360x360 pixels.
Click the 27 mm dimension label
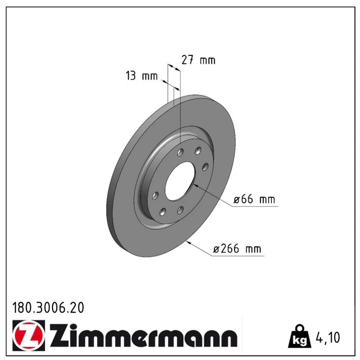tap(198, 60)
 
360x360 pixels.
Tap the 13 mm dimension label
tap(142, 76)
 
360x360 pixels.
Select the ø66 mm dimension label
tap(254, 199)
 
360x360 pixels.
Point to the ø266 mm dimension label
tap(237, 249)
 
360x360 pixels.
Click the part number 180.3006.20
tap(48, 308)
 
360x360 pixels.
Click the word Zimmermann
tap(143, 335)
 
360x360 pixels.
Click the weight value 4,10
tap(328, 337)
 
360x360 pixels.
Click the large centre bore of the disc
tap(180, 181)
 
